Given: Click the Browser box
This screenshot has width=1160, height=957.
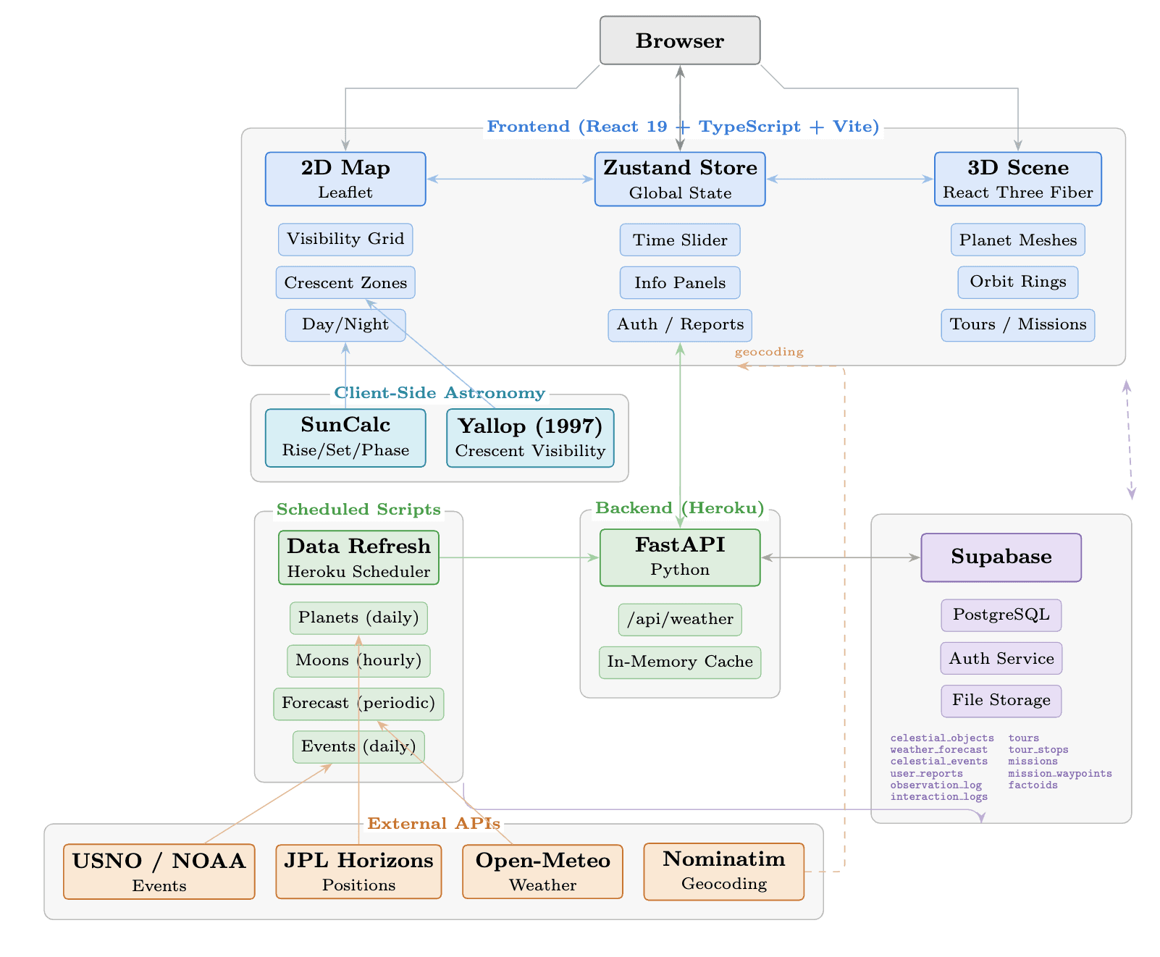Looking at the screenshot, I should pos(680,41).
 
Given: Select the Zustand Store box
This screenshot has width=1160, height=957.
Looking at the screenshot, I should pos(680,179).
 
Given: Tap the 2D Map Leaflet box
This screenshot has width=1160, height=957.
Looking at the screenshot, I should pos(345,179).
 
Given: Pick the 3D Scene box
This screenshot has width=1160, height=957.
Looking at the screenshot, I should pos(1017,179).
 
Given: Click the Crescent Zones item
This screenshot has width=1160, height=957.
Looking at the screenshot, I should pos(345,282).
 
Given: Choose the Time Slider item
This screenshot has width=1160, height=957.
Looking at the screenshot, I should pos(680,240).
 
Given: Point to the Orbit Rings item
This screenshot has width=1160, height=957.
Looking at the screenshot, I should pos(1017,282).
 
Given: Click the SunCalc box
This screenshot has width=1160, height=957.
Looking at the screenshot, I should pos(345,437).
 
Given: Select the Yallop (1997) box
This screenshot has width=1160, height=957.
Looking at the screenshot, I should pos(530,437).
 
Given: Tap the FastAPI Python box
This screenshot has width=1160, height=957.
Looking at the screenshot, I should pos(680,557).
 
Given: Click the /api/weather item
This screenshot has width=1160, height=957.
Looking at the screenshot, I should pos(680,619).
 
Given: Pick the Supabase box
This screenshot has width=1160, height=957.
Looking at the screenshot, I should pos(1001,557).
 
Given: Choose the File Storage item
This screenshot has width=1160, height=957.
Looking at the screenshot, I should pos(1001,700).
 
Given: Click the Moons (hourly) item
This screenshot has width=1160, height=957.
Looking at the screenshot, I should pos(358,660).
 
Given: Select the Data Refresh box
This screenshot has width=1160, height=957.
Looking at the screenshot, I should pos(358,557).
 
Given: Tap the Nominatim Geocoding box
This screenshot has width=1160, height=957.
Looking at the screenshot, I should pos(723,871).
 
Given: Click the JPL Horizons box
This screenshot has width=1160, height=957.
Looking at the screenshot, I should pos(358,871).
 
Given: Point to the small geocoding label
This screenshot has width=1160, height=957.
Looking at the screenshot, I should pos(768,352).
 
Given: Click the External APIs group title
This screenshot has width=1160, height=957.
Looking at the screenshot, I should pos(434,823).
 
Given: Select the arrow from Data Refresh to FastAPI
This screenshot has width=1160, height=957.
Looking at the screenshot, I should pos(519,557).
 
